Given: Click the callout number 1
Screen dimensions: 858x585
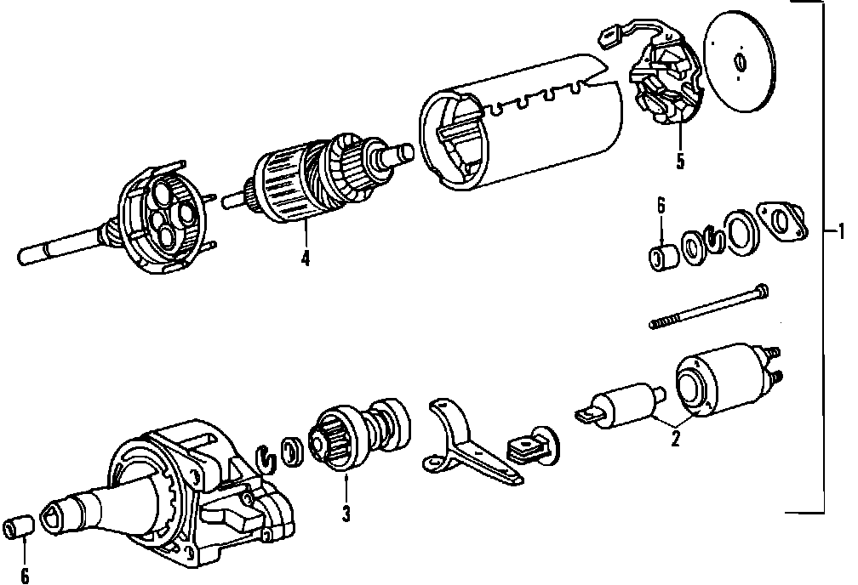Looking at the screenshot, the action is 840,230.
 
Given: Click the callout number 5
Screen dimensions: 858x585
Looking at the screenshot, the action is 679,160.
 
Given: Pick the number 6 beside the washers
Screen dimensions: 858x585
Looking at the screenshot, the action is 661,206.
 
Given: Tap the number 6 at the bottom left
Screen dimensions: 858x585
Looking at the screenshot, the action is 24,575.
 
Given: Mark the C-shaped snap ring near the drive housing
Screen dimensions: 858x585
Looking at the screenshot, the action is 268,456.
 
